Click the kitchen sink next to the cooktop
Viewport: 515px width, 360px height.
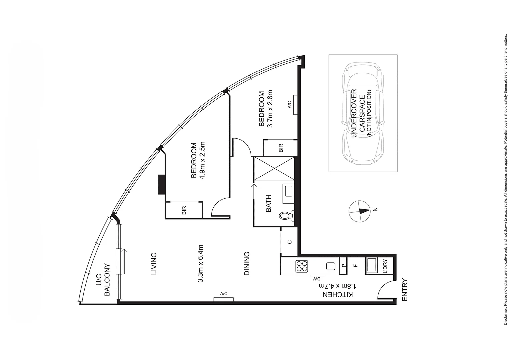330,266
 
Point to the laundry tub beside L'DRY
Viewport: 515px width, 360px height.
372,266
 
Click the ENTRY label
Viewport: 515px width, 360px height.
405,290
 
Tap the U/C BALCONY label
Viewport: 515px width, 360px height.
103,280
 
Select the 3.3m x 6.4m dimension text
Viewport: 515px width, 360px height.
200,264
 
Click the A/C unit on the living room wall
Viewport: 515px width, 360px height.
224,299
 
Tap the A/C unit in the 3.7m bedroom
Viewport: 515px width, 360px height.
295,105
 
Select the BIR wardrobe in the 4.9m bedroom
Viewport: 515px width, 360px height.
184,210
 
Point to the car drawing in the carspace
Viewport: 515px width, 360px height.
363,113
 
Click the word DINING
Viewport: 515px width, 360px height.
247,263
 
